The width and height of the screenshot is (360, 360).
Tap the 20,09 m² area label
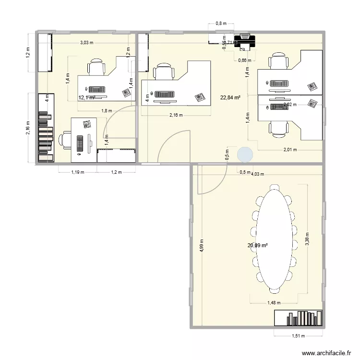coord(257,245)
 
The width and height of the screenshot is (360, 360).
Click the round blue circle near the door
coord(245,154)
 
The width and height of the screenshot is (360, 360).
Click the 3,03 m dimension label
coord(87,43)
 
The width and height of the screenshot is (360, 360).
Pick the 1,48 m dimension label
coord(274,303)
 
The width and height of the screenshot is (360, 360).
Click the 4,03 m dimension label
coord(259,174)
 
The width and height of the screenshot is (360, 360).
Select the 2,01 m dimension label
coord(290,149)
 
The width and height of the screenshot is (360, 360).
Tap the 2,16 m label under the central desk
coord(176,115)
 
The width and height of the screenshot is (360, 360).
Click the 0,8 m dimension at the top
coord(221,23)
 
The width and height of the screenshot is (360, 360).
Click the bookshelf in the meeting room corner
coord(298,318)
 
